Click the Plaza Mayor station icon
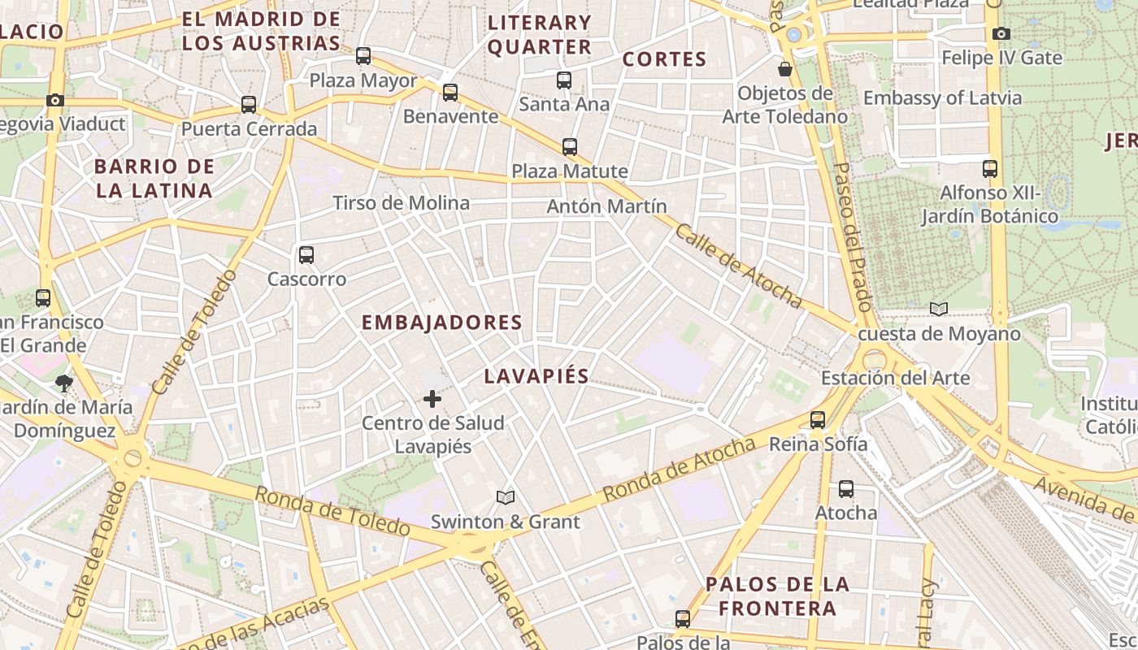click(363, 56)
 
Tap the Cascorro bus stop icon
click(306, 255)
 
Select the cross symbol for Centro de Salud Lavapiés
click(432, 399)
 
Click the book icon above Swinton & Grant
click(506, 497)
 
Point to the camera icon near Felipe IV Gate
click(1001, 34)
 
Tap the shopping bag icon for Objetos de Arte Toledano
click(785, 69)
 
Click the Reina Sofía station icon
click(818, 420)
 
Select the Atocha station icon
click(846, 489)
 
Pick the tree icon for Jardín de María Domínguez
click(64, 383)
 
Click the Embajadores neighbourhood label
click(442, 323)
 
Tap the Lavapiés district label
click(536, 376)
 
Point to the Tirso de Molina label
click(402, 203)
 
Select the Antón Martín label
click(606, 206)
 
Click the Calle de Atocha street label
click(739, 266)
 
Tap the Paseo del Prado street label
click(852, 236)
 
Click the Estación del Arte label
click(895, 378)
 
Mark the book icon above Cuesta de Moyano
click(939, 310)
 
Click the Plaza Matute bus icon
click(570, 147)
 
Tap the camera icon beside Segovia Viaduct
click(55, 101)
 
